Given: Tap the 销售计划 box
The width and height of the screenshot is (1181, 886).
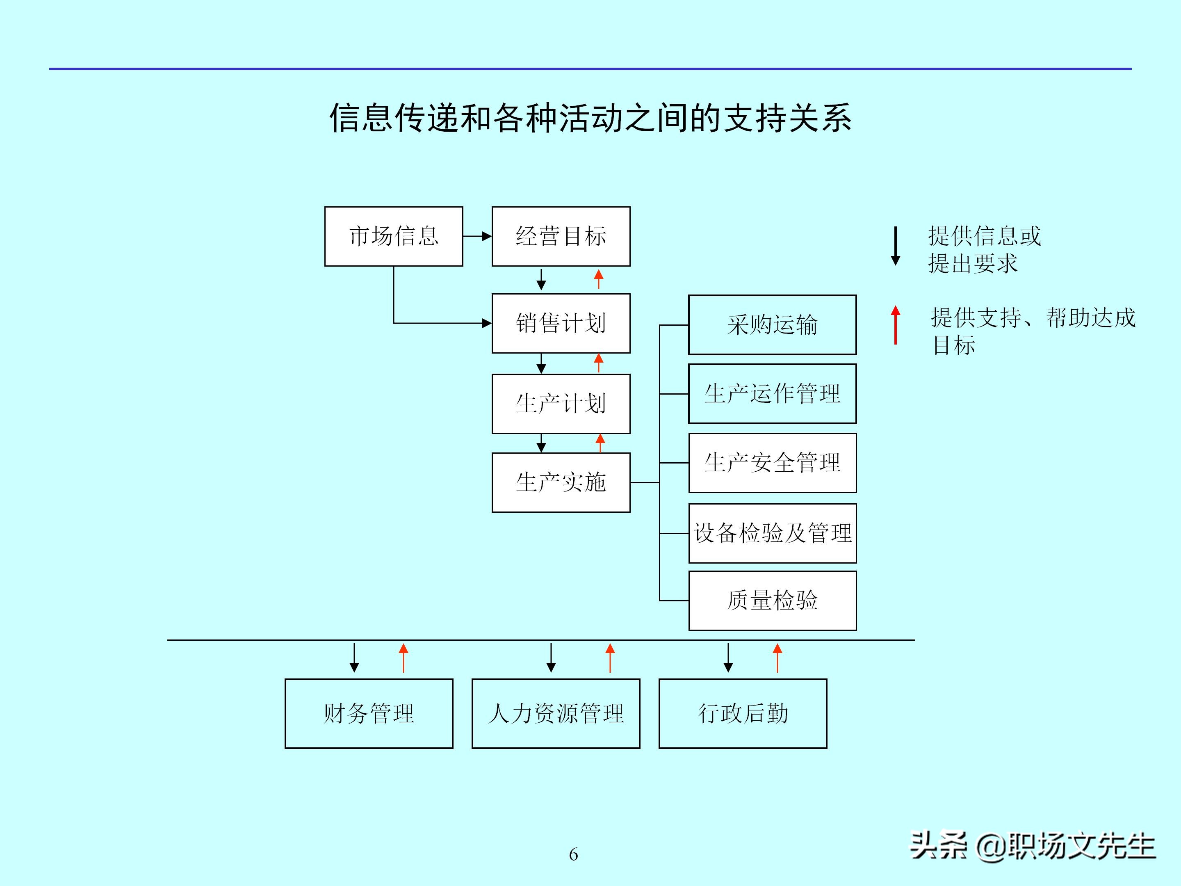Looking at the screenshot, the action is [561, 323].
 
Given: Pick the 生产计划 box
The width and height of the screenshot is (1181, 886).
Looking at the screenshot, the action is [561, 403].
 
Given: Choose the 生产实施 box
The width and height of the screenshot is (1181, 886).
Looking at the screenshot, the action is [561, 482].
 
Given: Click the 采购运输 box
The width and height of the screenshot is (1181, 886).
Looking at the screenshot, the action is [772, 325].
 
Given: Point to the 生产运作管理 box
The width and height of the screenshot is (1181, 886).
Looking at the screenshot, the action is [772, 394].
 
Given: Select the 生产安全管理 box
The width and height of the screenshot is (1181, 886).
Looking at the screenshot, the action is [772, 463].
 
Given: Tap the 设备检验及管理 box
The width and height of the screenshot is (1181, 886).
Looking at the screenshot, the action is [772, 533].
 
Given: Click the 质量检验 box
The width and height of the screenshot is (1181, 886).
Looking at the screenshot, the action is [772, 600].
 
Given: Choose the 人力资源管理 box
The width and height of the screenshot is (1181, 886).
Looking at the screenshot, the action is [555, 713].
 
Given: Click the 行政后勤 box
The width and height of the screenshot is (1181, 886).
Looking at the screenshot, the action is [743, 713].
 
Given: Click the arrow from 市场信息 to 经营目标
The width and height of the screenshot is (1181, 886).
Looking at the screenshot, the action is [477, 236].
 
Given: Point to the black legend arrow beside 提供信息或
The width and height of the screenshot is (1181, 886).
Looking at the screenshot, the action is [895, 246].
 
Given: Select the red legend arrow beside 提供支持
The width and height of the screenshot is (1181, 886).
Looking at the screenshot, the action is [895, 325].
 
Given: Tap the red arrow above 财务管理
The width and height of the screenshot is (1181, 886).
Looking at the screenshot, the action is [404, 658].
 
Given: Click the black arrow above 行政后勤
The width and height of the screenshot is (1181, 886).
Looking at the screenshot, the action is [728, 658].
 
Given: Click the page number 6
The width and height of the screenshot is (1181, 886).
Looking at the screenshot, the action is [573, 854].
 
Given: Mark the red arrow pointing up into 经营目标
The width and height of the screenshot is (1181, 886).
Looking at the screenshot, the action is [599, 279].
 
